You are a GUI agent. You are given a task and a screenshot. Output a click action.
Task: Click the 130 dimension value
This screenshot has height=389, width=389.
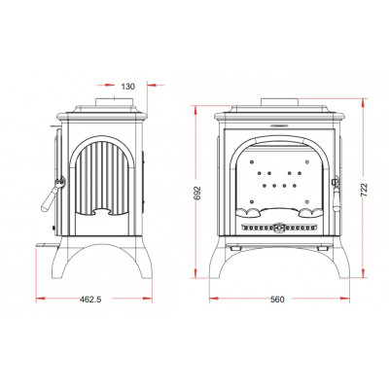[127, 87]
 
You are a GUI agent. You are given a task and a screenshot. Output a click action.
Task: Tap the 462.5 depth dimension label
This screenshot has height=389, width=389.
[90, 300]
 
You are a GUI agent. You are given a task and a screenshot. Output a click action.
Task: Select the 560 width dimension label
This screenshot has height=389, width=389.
[277, 300]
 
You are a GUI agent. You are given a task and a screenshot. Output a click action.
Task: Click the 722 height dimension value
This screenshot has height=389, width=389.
[364, 191]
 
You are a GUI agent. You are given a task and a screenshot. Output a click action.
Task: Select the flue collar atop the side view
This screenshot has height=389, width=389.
[114, 101]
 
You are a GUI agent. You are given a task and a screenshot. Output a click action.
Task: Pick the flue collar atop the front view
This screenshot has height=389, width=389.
[280, 101]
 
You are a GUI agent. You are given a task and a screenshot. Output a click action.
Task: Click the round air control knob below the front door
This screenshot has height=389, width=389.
[278, 228]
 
